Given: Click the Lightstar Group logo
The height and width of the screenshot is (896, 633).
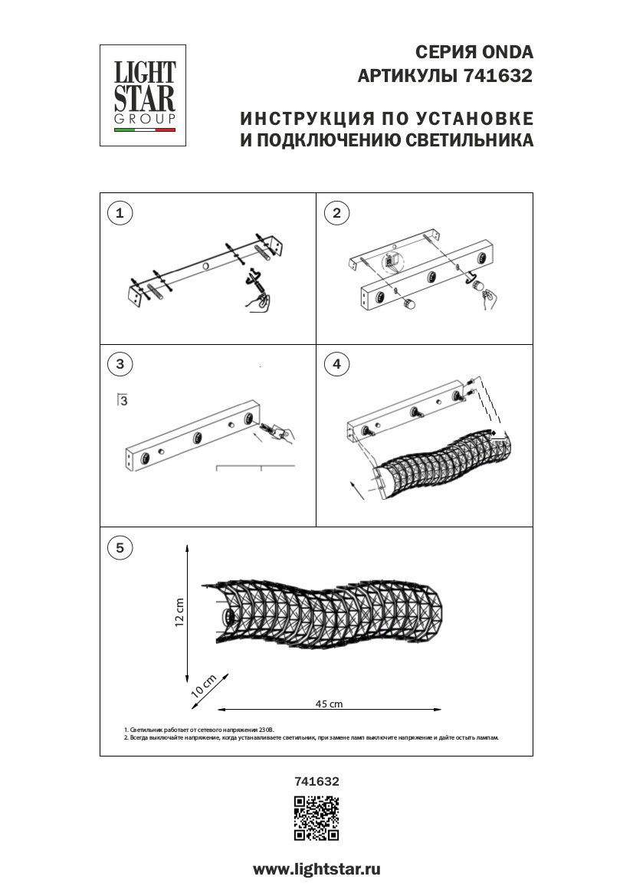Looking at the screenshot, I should pyautogui.click(x=143, y=95).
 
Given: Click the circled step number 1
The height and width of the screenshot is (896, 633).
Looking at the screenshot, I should pyautogui.click(x=119, y=213).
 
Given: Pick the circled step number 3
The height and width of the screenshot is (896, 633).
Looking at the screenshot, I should pyautogui.click(x=119, y=364).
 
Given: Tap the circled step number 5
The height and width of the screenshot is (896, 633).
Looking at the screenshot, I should pyautogui.click(x=119, y=547).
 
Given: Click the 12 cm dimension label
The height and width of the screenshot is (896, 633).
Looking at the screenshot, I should pyautogui.click(x=179, y=612).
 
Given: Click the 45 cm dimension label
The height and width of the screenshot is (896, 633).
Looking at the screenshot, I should pyautogui.click(x=329, y=704).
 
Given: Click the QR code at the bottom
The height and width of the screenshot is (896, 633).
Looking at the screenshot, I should pyautogui.click(x=316, y=819).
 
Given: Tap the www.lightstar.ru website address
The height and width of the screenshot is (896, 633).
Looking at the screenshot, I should pyautogui.click(x=316, y=869).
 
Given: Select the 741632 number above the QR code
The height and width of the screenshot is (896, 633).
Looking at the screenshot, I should pyautogui.click(x=316, y=782).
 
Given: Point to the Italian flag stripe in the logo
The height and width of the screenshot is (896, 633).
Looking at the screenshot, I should pyautogui.click(x=144, y=130).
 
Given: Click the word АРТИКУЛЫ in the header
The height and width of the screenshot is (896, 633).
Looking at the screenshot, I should pyautogui.click(x=407, y=77).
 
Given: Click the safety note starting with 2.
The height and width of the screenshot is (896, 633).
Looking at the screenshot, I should pyautogui.click(x=311, y=737).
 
